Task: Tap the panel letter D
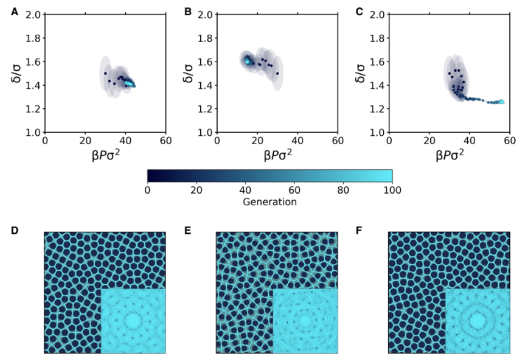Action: pyautogui.click(x=15, y=229)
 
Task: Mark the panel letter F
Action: pyautogui.click(x=360, y=229)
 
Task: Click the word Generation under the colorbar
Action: pyautogui.click(x=269, y=202)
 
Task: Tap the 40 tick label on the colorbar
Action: pyautogui.click(x=245, y=191)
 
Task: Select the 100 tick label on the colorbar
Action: pyautogui.click(x=392, y=191)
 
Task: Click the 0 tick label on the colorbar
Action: pyautogui.click(x=147, y=191)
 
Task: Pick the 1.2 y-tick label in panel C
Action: pyautogui.click(x=378, y=109)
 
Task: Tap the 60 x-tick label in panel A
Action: pyautogui.click(x=165, y=140)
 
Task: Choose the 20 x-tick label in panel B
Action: pyautogui.click(x=257, y=140)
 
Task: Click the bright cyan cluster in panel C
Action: pyautogui.click(x=500, y=101)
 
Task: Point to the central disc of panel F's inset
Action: pyautogui.click(x=477, y=320)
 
